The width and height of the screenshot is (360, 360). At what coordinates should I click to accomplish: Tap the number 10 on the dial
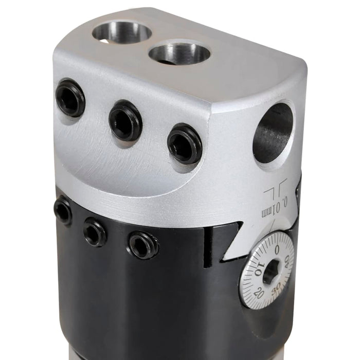[259, 268]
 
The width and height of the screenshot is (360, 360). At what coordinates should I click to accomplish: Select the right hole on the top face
[179, 53]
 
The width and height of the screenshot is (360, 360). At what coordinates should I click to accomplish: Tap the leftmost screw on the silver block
[70, 98]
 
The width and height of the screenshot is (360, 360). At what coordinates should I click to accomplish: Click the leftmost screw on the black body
[63, 210]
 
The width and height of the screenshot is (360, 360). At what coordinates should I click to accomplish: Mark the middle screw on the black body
[95, 232]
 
